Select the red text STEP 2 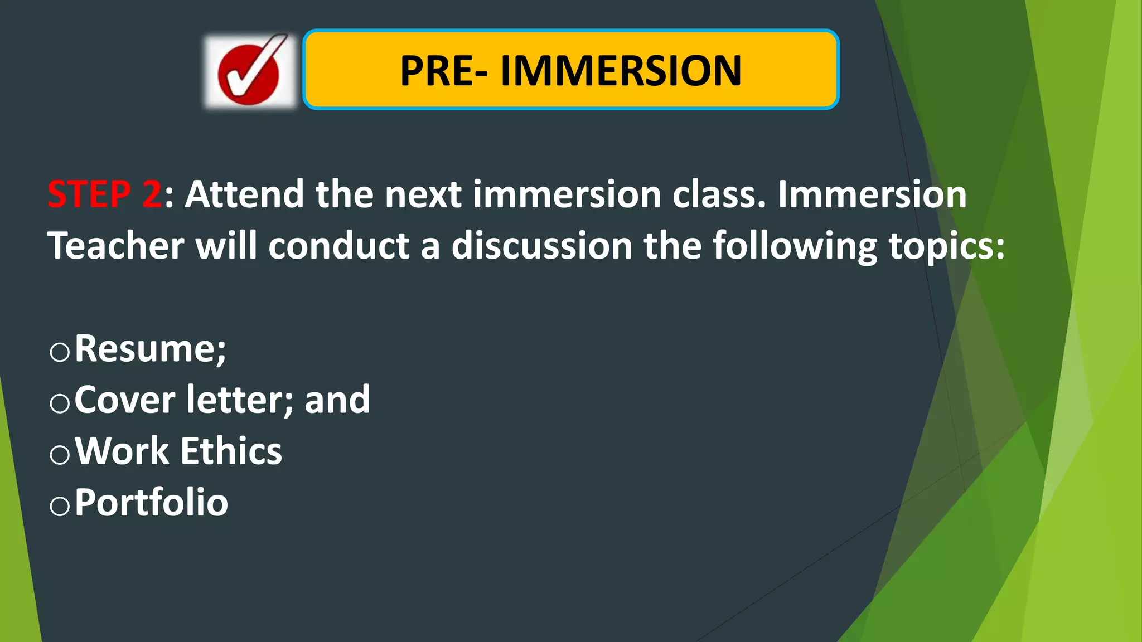[105, 194]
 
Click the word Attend [244, 194]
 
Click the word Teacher [115, 246]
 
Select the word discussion [541, 246]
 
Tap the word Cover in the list [125, 400]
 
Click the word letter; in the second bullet [240, 400]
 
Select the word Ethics [231, 451]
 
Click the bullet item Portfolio [151, 503]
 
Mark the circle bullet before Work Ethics [60, 455]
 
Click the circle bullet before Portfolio [60, 506]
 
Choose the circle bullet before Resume [60, 352]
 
